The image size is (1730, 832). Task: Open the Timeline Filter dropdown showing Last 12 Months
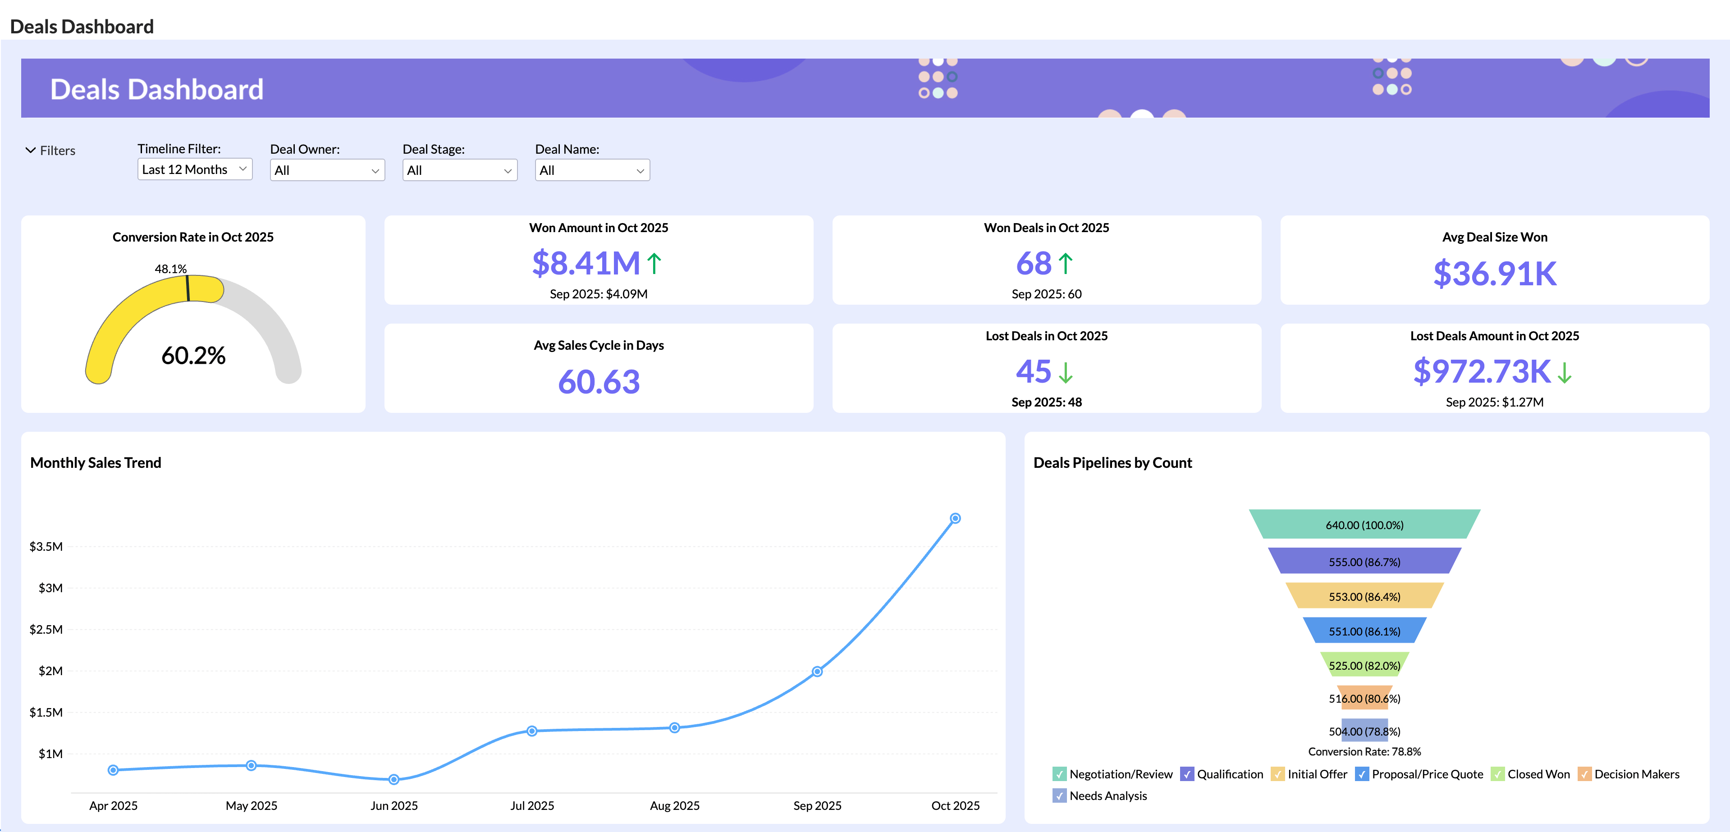click(x=194, y=169)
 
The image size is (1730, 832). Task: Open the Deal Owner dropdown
click(x=327, y=170)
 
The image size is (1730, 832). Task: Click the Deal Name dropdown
click(x=592, y=170)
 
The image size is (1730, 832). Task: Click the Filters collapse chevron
click(x=30, y=150)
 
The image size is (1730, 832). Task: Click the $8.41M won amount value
click(x=586, y=263)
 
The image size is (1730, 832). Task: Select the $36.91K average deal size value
click(x=1494, y=273)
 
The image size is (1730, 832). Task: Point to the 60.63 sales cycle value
click(x=599, y=381)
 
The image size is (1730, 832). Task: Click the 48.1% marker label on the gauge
click(x=170, y=269)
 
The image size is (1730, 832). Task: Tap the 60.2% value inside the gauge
click(x=193, y=355)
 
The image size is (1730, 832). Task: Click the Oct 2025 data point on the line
click(x=955, y=518)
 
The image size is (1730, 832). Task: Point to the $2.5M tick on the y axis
click(x=46, y=629)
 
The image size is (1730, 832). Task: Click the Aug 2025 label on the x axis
click(x=674, y=805)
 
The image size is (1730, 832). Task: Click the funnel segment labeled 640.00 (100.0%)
click(x=1364, y=525)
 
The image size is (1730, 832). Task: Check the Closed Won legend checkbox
click(x=1497, y=774)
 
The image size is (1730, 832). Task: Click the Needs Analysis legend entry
click(x=1108, y=796)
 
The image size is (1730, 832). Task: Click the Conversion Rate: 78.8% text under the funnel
click(x=1364, y=751)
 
